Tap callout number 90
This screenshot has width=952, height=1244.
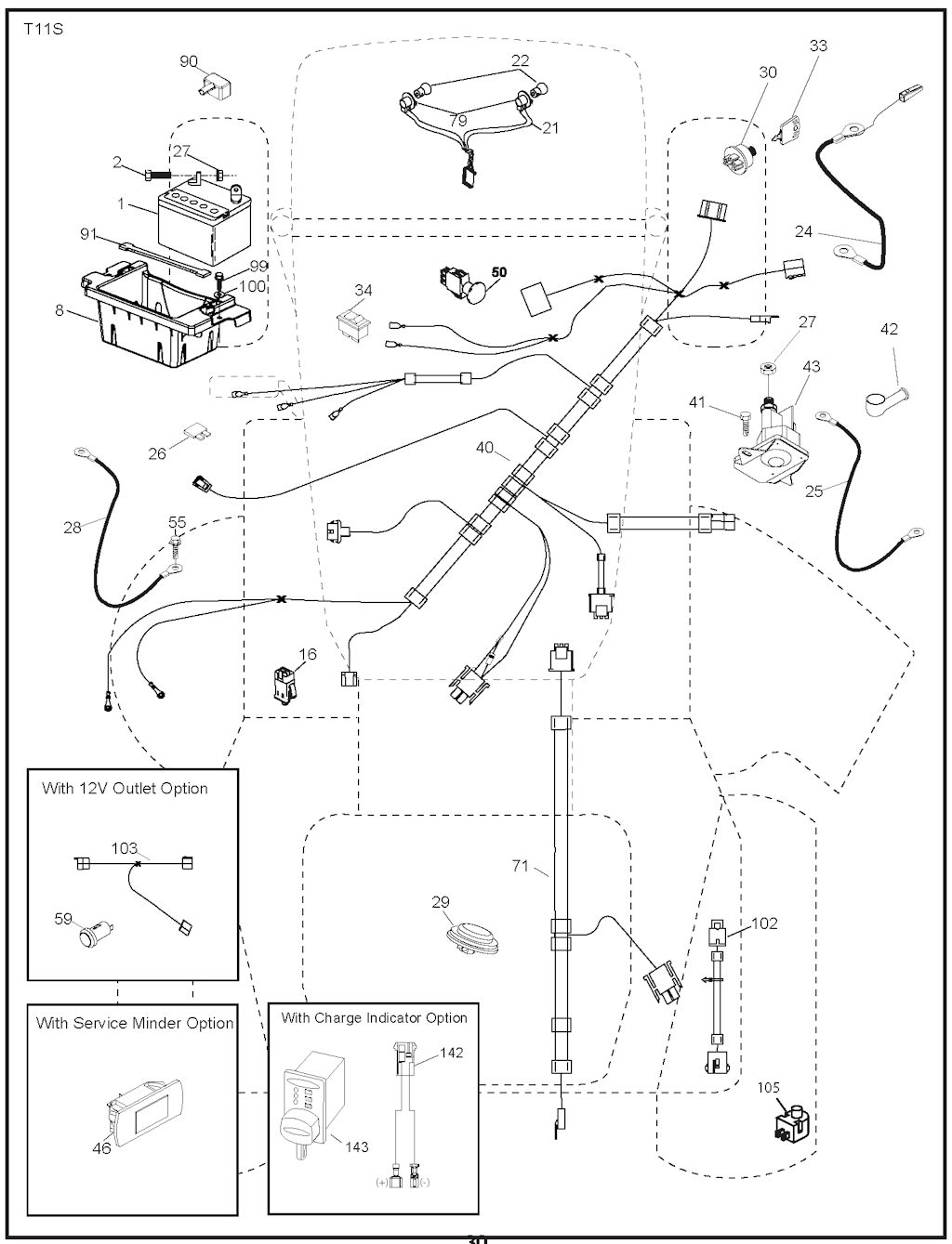189,61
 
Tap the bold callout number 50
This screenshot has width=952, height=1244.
499,272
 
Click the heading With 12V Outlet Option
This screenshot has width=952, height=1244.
125,788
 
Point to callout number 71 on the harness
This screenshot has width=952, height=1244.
520,866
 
